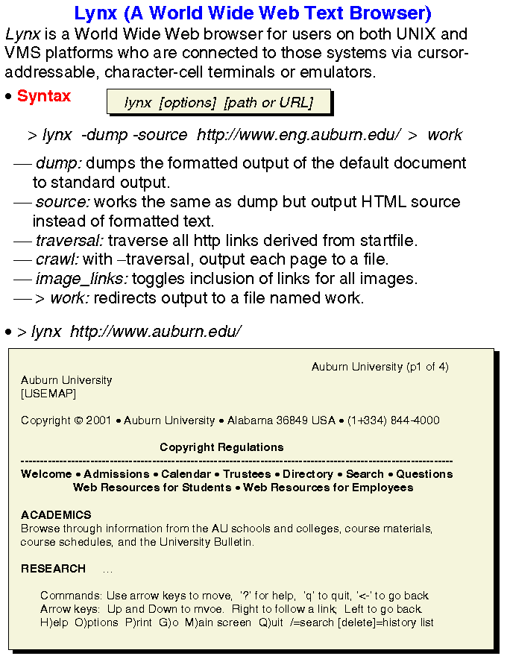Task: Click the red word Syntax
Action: pos(44,96)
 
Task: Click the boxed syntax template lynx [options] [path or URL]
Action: pos(218,103)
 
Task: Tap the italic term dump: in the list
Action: pos(58,163)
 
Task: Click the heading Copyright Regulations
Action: pos(221,447)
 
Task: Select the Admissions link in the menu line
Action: pos(116,474)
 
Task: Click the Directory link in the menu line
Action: pos(308,474)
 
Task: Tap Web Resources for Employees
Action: pos(328,488)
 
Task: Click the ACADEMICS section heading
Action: pos(56,515)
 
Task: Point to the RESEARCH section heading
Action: pos(53,569)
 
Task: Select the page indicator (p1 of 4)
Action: pos(427,367)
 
